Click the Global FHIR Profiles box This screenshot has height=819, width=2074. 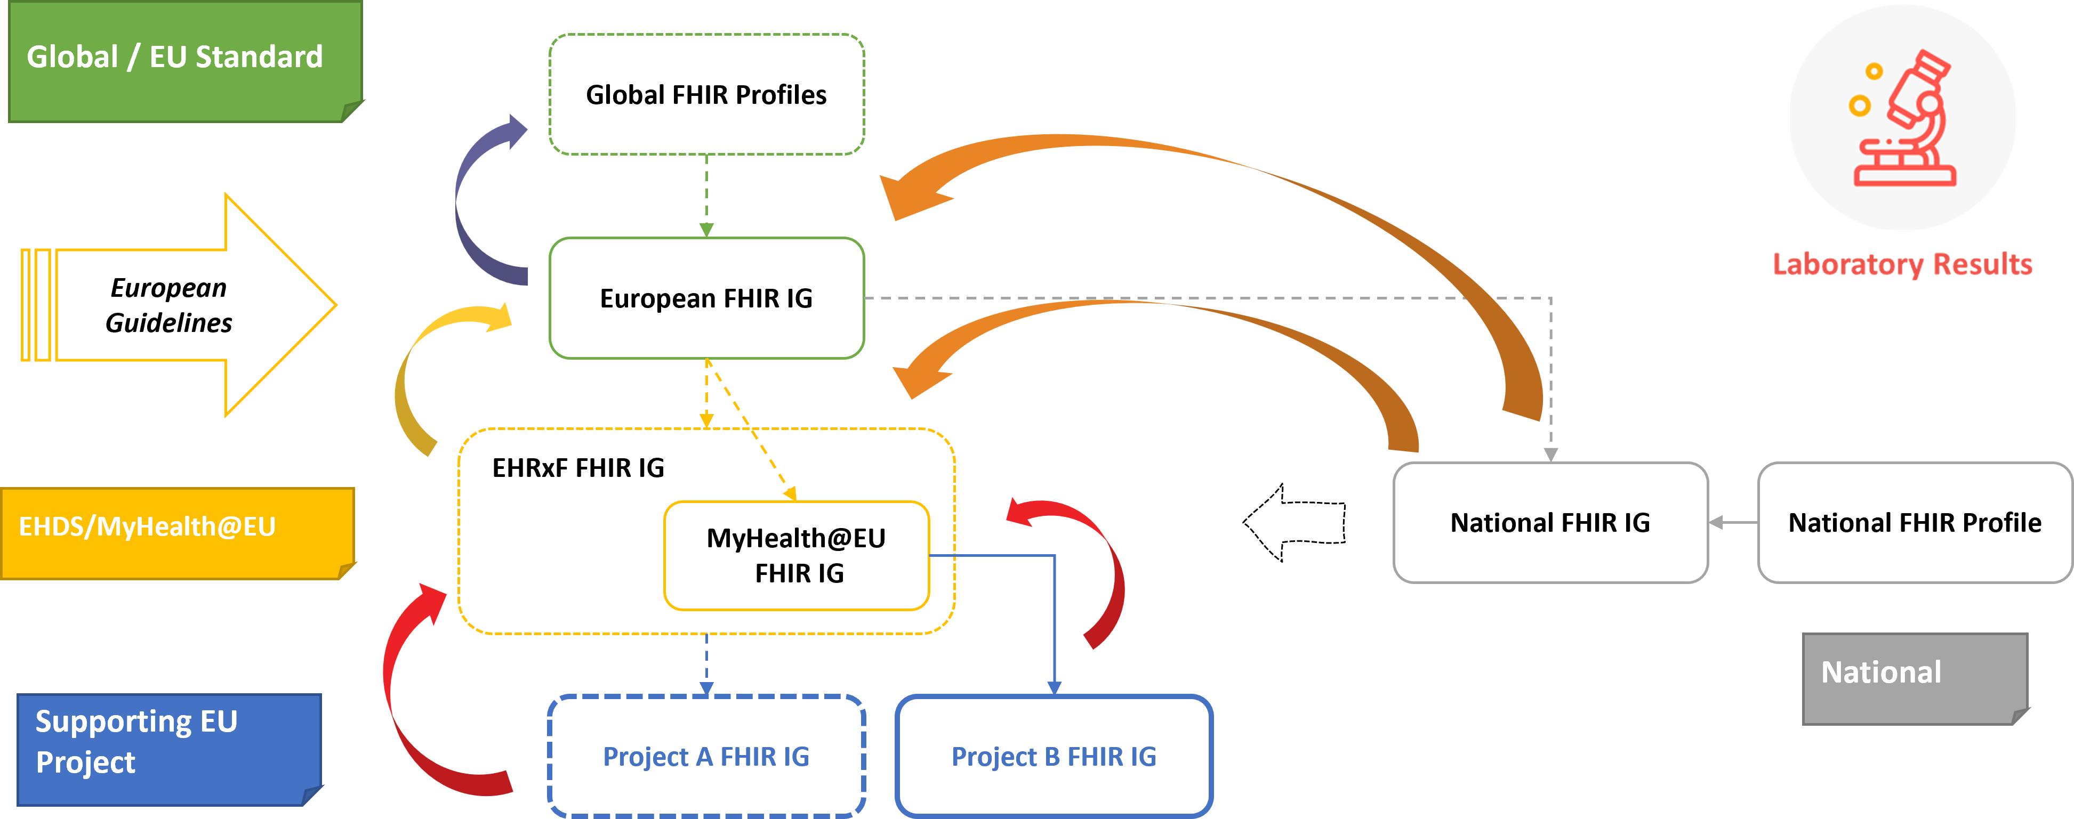[x=706, y=94]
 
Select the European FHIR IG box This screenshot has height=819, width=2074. [x=706, y=298]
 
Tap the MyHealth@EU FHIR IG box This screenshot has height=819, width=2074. [x=796, y=555]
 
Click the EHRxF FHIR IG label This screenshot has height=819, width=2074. [x=578, y=467]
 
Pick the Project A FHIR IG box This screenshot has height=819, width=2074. [x=706, y=756]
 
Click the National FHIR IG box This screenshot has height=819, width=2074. [x=1550, y=522]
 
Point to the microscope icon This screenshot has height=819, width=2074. [x=1902, y=118]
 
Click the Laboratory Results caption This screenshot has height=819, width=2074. [x=1902, y=264]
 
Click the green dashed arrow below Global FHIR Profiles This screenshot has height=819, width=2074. [x=706, y=193]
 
